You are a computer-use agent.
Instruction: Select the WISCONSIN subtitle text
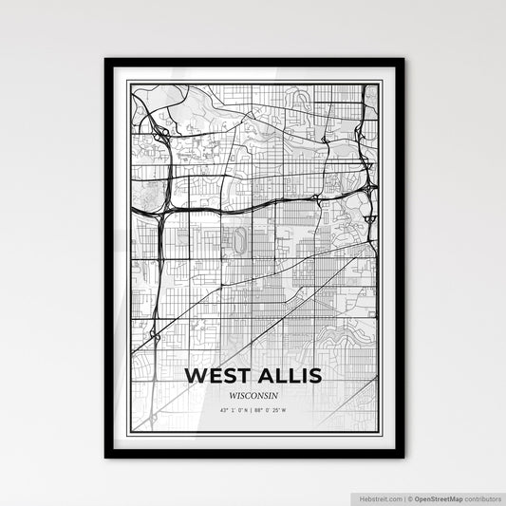point(254,395)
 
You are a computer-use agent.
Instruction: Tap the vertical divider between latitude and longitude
point(253,411)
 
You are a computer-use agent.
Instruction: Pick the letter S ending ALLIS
point(315,375)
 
